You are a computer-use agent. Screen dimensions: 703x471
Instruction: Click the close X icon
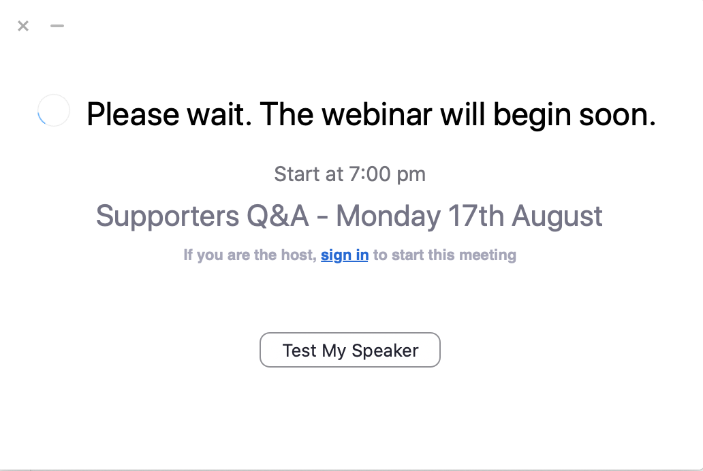click(23, 26)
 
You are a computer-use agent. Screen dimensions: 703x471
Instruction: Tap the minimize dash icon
click(57, 26)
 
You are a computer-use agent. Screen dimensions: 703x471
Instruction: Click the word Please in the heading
click(133, 114)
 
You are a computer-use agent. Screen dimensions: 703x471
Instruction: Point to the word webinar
click(377, 114)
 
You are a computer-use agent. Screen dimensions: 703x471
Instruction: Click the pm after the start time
click(411, 176)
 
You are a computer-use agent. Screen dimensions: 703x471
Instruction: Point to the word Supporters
click(167, 217)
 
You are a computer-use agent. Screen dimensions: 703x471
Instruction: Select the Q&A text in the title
click(277, 216)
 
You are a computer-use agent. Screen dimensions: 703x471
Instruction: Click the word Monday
click(388, 217)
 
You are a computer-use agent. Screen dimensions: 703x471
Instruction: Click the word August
click(557, 217)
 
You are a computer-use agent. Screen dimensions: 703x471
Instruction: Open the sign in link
click(345, 255)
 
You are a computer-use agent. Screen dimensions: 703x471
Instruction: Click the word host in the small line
click(298, 255)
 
